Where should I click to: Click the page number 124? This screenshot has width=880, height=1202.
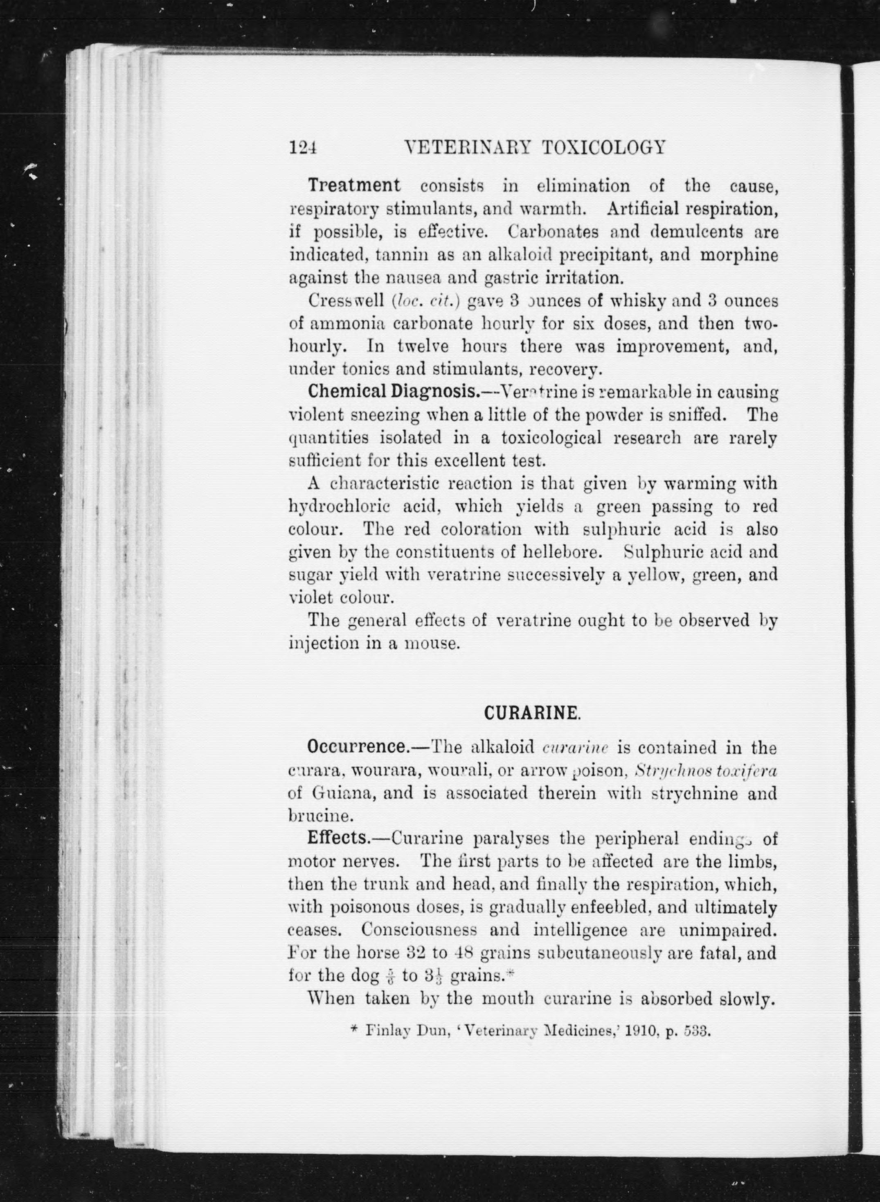tap(303, 147)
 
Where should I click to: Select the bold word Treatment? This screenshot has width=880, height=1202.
tap(354, 185)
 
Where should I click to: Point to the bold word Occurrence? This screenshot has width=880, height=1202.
tap(356, 747)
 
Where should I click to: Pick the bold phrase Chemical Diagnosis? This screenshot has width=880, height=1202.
tap(393, 392)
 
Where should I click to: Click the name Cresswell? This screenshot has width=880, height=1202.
tap(346, 300)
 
